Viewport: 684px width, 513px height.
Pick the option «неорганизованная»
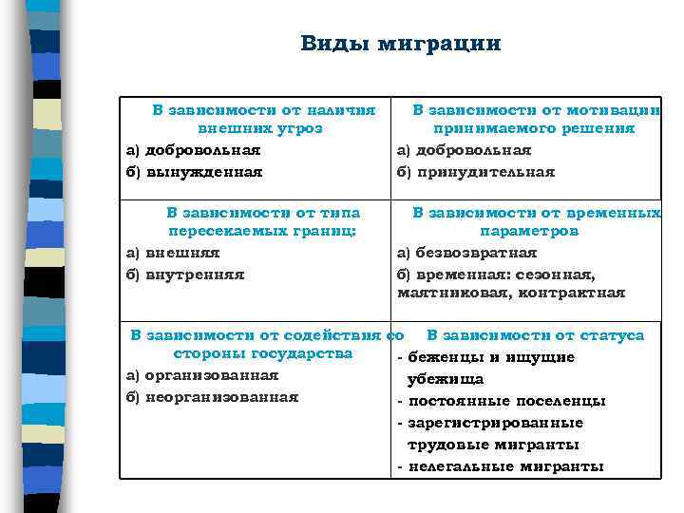[x=221, y=396]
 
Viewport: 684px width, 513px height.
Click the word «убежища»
[x=446, y=379]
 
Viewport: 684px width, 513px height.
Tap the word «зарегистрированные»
[x=495, y=423]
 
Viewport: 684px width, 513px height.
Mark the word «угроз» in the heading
[x=301, y=128]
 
